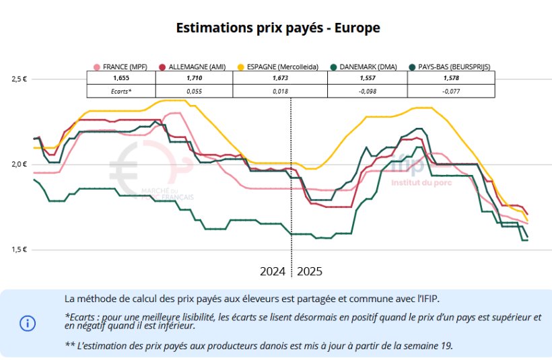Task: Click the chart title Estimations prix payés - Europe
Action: pyautogui.click(x=278, y=28)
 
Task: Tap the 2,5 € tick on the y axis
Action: pyautogui.click(x=19, y=79)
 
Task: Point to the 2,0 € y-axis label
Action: pyautogui.click(x=19, y=164)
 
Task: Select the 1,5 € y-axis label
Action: pyautogui.click(x=19, y=249)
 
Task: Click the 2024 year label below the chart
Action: pyautogui.click(x=273, y=272)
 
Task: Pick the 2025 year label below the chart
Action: pyautogui.click(x=310, y=272)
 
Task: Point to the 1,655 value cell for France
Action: pyautogui.click(x=121, y=78)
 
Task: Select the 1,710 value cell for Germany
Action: pyautogui.click(x=194, y=78)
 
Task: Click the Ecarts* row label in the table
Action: pyautogui.click(x=121, y=90)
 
